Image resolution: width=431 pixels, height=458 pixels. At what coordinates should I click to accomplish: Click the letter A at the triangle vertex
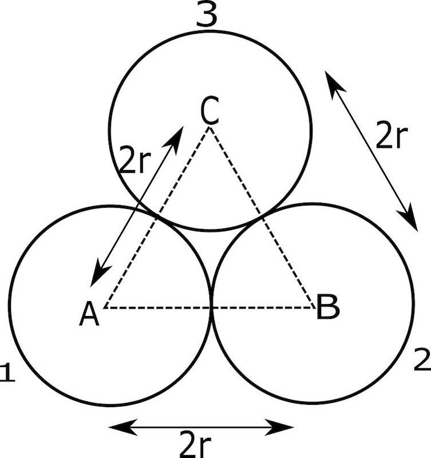(x=89, y=313)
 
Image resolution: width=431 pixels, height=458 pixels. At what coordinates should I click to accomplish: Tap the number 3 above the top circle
(x=206, y=16)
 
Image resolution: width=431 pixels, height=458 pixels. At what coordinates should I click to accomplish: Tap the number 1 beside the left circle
(x=7, y=373)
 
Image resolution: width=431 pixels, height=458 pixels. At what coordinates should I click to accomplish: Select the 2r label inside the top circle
(x=136, y=161)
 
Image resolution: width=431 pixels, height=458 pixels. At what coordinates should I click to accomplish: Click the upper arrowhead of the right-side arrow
(x=333, y=80)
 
